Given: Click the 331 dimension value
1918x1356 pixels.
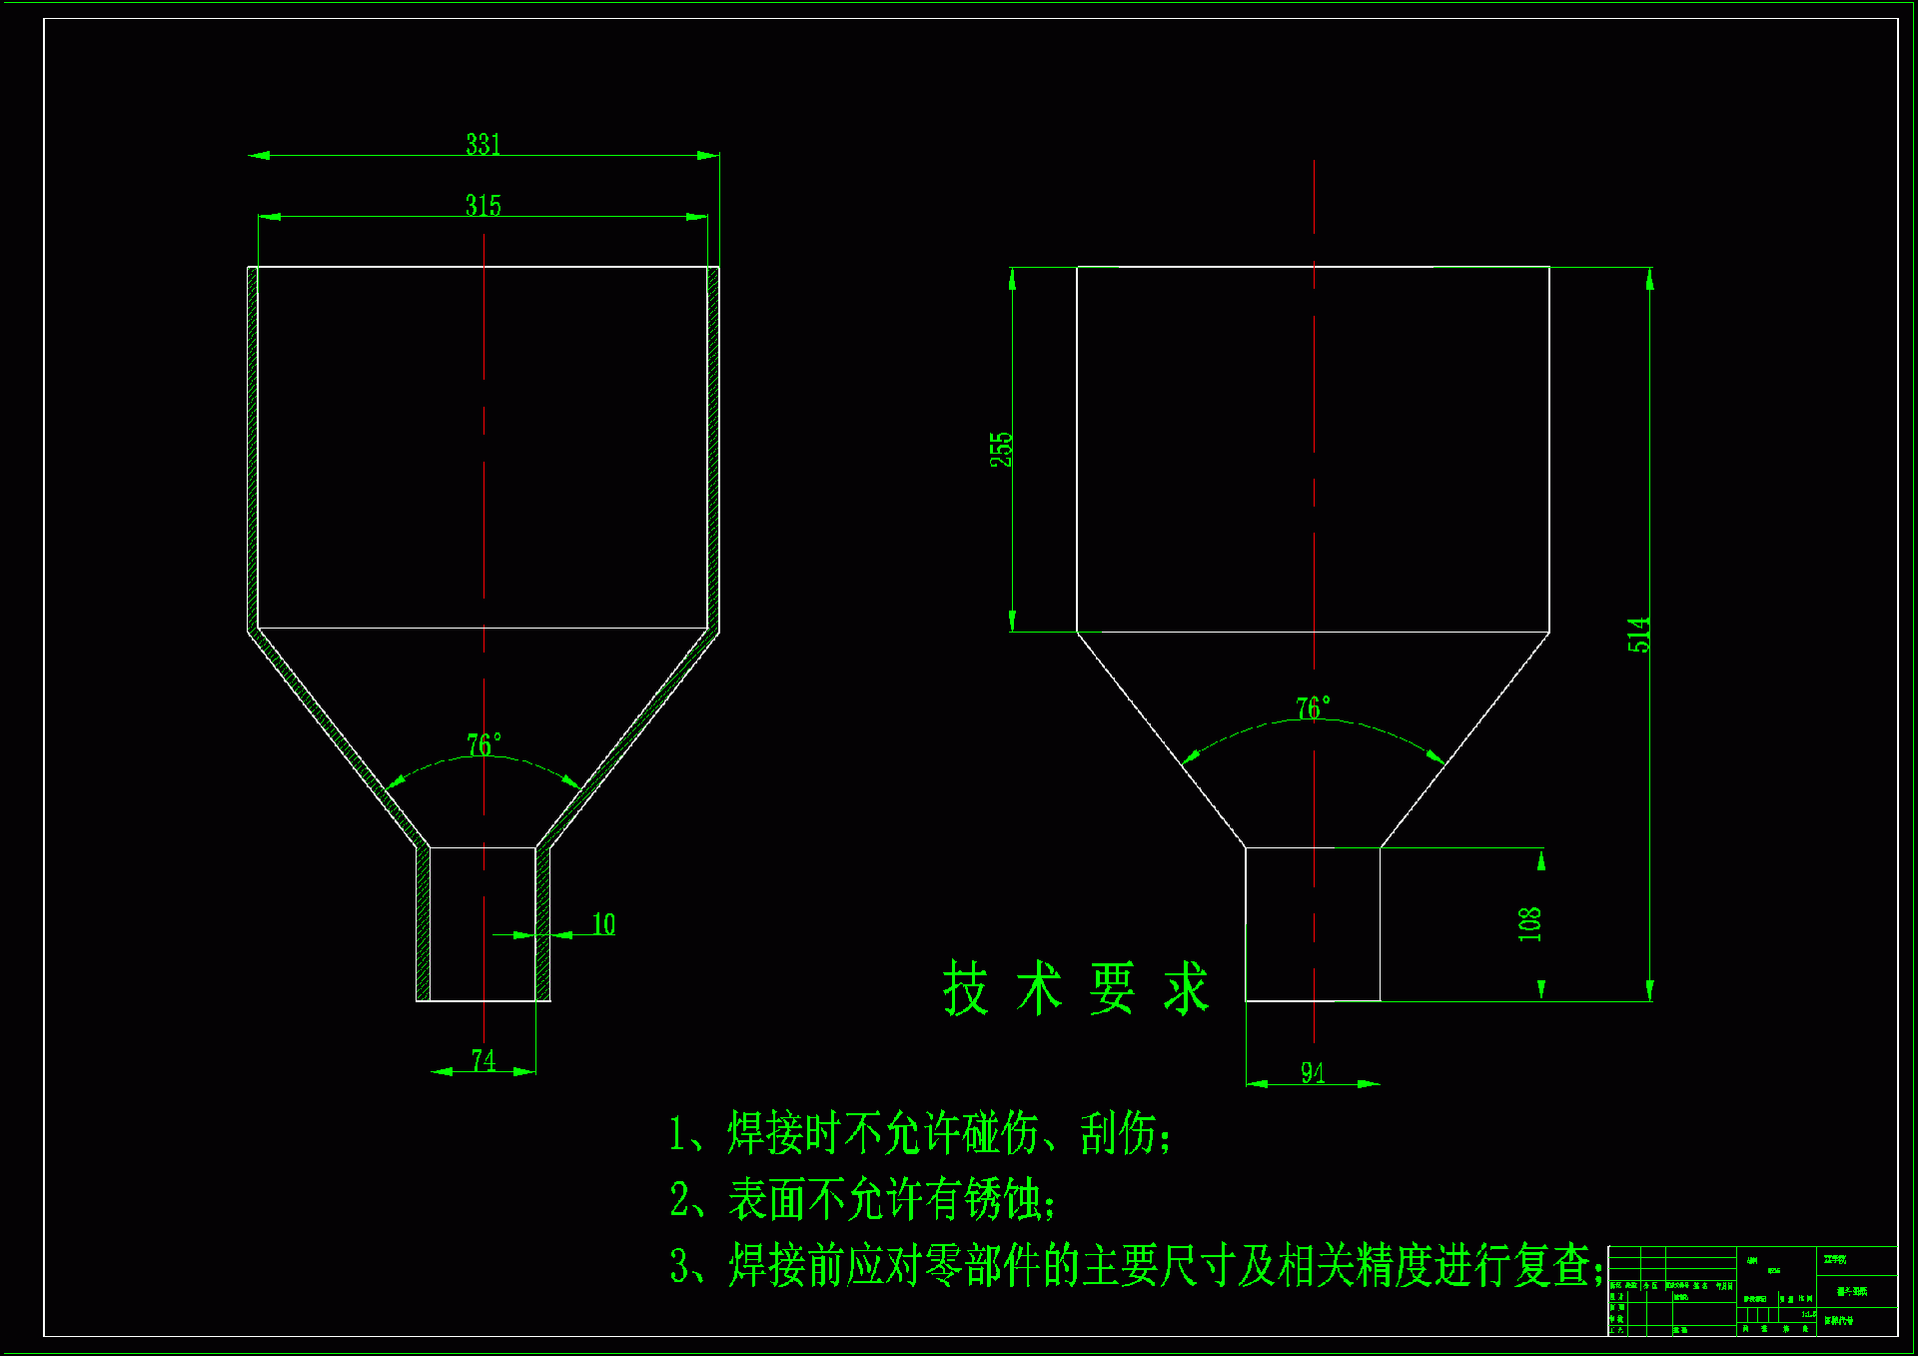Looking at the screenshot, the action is click(482, 144).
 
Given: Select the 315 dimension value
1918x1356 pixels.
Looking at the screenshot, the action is click(482, 206).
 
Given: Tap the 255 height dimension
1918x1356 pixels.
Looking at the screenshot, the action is click(1001, 450).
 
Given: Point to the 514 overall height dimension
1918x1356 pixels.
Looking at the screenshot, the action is click(1638, 635).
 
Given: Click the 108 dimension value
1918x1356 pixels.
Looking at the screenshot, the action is click(1529, 924).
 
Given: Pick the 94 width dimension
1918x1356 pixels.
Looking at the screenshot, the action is click(1313, 1073).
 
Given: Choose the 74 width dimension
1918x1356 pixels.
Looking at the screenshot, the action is click(482, 1060).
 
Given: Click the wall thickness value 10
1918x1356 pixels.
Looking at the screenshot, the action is click(603, 924).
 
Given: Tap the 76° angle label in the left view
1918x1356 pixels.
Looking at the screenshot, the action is click(484, 745).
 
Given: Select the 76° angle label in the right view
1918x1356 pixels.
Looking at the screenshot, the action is click(1313, 708).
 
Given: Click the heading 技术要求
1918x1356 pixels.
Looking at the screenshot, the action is click(1076, 989).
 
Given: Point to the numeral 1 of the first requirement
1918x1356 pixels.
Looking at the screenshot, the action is click(677, 1134).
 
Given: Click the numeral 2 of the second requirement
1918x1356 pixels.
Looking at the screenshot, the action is click(679, 1199).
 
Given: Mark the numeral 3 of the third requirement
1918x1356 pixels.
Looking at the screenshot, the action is click(679, 1266).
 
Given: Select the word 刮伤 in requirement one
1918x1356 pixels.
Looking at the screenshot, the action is click(1118, 1134).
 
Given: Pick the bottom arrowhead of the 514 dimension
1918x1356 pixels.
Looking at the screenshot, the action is click(1649, 991).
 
